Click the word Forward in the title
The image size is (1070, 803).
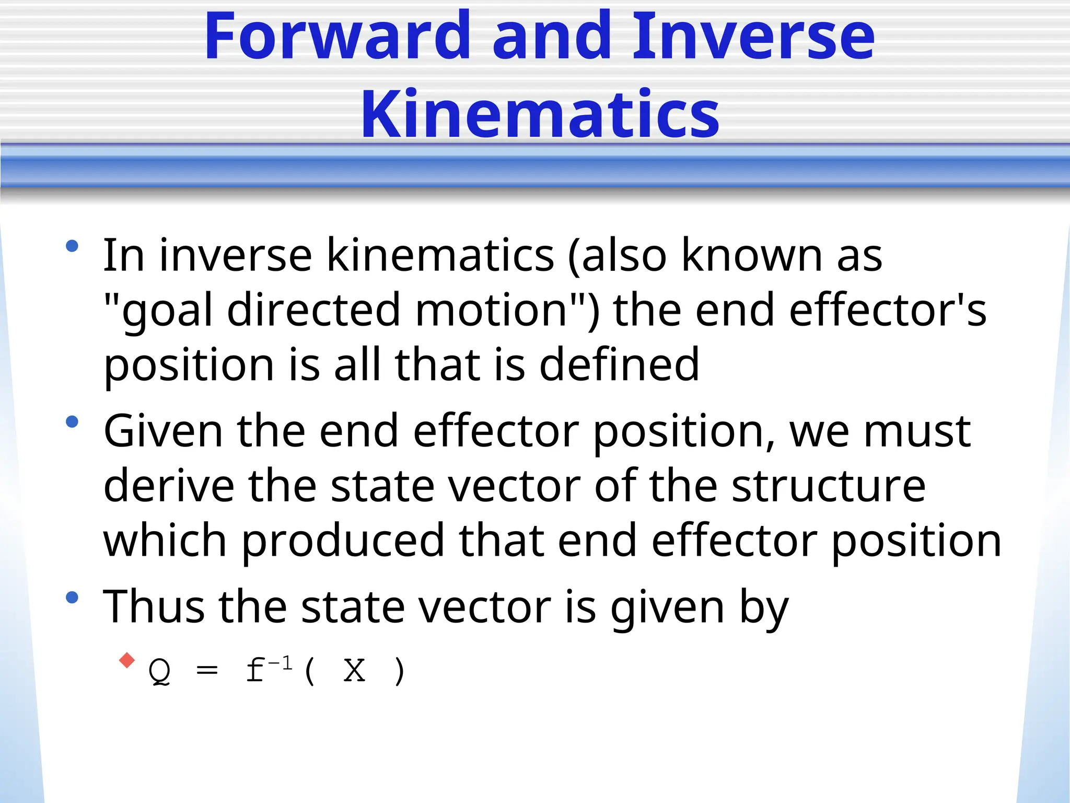tap(338, 37)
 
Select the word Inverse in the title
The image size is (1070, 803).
tap(753, 37)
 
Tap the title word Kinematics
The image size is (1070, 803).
tap(540, 114)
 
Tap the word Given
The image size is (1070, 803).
tap(163, 431)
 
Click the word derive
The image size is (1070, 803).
tap(169, 486)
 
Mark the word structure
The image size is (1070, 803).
tap(829, 486)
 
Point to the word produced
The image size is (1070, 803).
tap(342, 541)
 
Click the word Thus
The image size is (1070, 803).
tap(154, 607)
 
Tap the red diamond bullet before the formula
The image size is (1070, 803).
tap(127, 660)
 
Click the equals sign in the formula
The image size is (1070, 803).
tap(207, 670)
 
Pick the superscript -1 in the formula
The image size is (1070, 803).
tap(281, 663)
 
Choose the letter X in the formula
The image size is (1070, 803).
tap(354, 670)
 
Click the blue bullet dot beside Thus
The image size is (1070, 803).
tap(72, 598)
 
